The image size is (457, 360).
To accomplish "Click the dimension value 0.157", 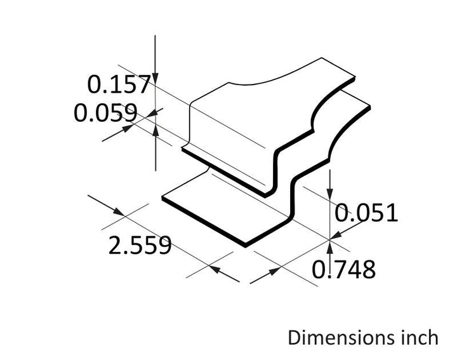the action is pyautogui.click(x=119, y=84).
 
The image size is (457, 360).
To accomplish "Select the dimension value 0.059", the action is pyautogui.click(x=105, y=112).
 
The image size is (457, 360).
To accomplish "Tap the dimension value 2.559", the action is pyautogui.click(x=140, y=245).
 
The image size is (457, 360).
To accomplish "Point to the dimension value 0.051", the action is pyautogui.click(x=366, y=213).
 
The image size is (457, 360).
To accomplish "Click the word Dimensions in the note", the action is pyautogui.click(x=337, y=338).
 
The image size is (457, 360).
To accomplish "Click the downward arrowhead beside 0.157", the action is pyautogui.click(x=156, y=79).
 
